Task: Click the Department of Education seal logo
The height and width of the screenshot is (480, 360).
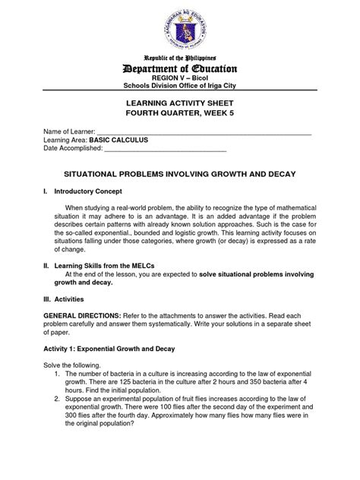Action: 179,27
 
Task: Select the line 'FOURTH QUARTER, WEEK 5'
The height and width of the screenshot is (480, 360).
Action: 179,119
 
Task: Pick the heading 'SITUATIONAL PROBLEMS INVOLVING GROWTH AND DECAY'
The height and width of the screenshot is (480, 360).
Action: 179,174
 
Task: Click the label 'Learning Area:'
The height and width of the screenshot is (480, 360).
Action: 66,141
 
